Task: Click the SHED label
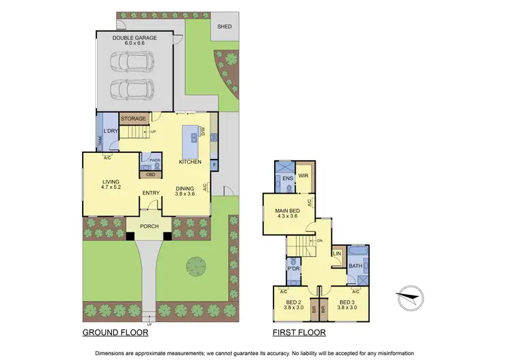(223, 27)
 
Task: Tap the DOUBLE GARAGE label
(134, 38)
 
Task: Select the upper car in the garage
(131, 62)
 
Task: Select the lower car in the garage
(131, 90)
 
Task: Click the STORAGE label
(134, 119)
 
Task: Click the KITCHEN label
(189, 162)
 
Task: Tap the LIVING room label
(111, 182)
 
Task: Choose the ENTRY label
(151, 193)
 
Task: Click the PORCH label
(149, 226)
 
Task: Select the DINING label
(185, 189)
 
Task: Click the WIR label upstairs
(303, 175)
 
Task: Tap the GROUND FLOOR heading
(115, 333)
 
